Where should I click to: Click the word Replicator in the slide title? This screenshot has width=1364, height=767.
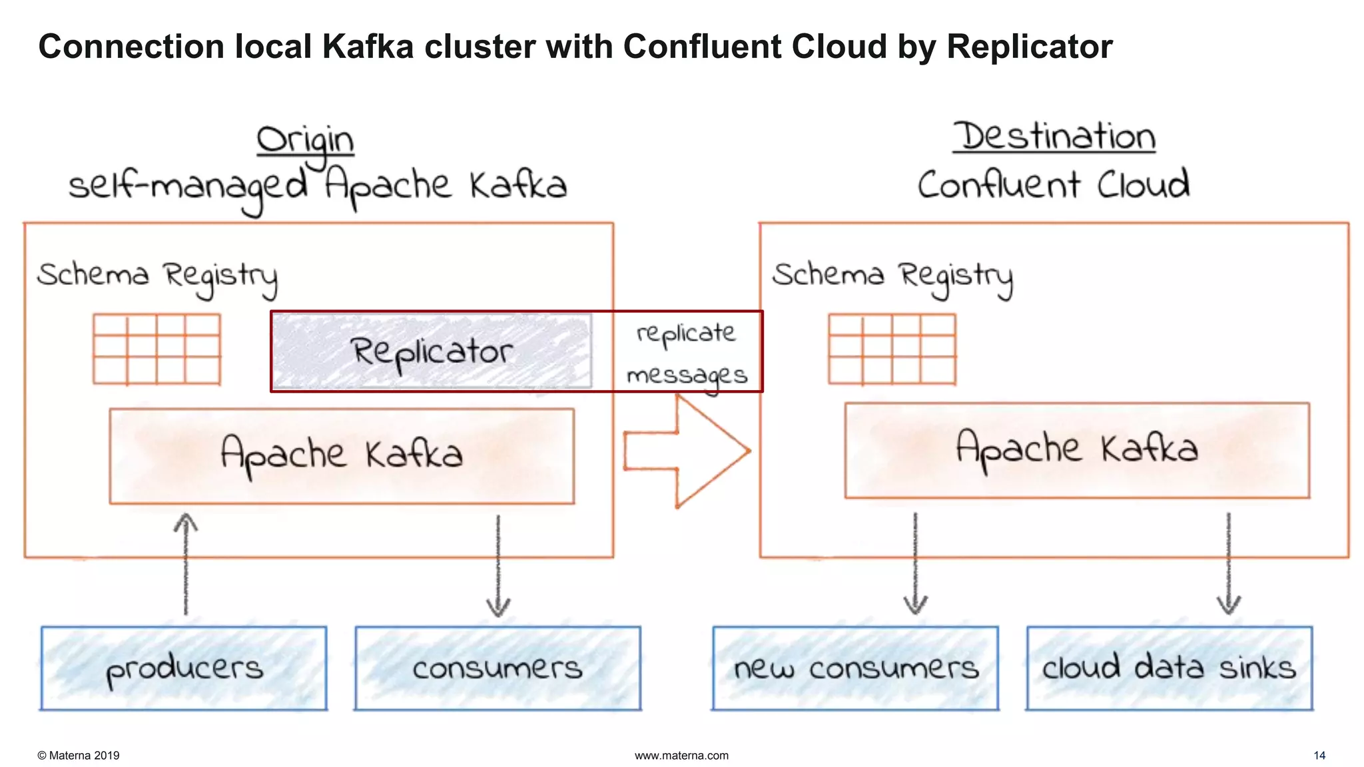click(1029, 47)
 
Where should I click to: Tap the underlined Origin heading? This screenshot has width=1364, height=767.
click(305, 141)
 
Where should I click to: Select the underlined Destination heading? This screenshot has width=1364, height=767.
click(1054, 137)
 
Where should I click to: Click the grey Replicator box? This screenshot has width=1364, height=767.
click(432, 351)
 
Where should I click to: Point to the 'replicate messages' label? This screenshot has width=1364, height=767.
click(687, 353)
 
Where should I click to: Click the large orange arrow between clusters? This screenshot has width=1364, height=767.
click(686, 451)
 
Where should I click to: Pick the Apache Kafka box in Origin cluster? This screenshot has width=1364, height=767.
click(342, 456)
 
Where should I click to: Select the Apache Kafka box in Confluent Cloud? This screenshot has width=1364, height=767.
click(1077, 450)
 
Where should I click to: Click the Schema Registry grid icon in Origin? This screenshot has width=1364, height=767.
click(157, 349)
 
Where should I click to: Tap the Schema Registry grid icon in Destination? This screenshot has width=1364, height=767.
click(892, 349)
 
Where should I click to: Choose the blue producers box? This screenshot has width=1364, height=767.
click(184, 668)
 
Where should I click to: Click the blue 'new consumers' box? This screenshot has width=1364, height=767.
click(855, 668)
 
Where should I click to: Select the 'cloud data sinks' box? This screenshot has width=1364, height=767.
click(1169, 668)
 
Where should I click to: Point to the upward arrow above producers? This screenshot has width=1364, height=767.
click(186, 563)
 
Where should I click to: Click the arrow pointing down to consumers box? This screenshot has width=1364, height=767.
click(498, 566)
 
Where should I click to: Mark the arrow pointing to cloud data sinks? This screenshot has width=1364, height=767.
click(1229, 563)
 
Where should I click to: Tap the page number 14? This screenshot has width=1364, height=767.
click(1319, 755)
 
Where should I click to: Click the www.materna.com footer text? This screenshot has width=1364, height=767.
click(681, 755)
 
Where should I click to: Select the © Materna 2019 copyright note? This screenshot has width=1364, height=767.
click(79, 755)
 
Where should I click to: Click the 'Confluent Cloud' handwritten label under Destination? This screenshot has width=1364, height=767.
click(1054, 185)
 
